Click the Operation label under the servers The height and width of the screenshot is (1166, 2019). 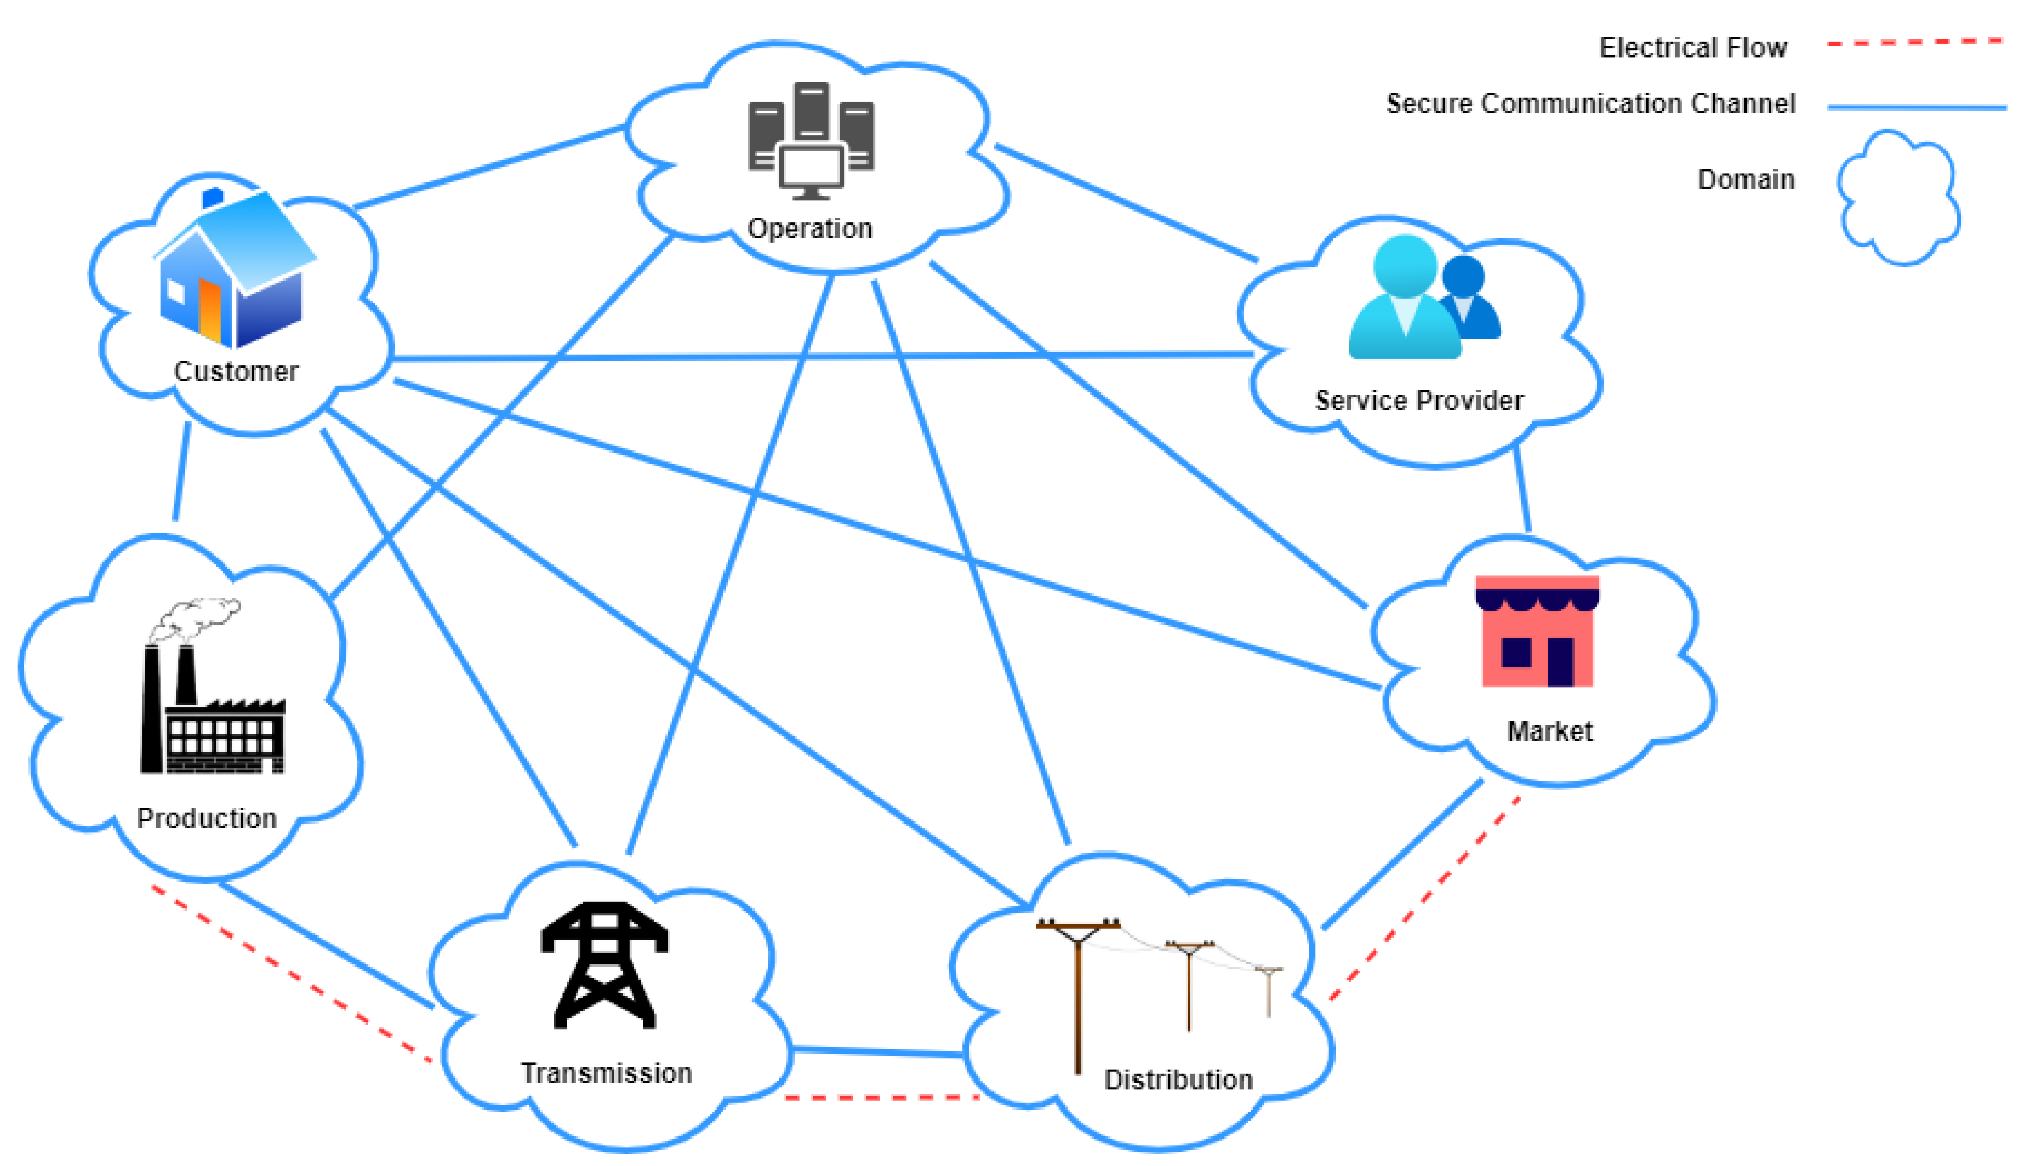point(809,229)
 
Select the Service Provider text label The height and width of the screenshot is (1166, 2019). point(1418,401)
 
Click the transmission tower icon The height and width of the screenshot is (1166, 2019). point(604,964)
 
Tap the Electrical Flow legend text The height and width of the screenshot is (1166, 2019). point(1692,48)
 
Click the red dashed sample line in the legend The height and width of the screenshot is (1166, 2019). point(1914,42)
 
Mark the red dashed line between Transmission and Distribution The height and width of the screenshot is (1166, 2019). point(881,1097)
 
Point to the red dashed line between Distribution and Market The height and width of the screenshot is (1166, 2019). point(1425,898)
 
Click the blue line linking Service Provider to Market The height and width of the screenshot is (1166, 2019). point(1522,490)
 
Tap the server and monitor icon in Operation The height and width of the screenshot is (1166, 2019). point(811,141)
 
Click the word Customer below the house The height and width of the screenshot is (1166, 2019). point(236,371)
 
